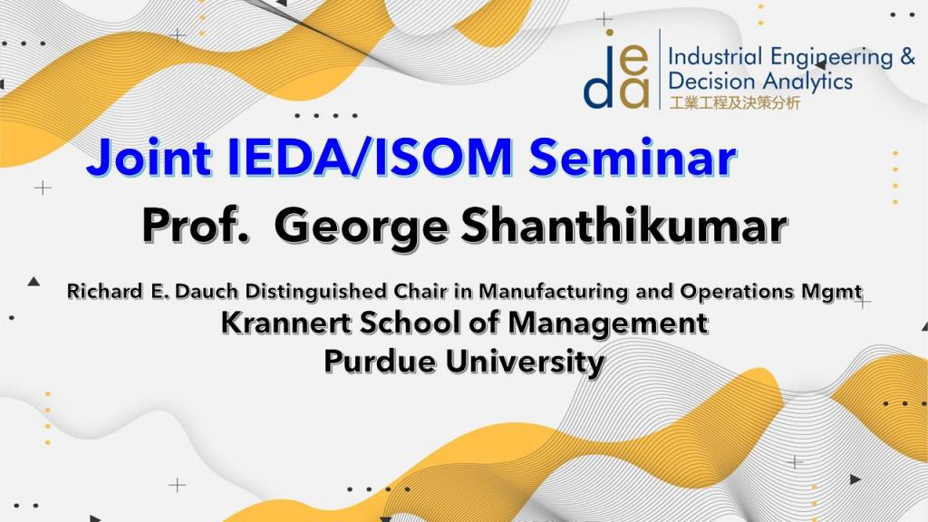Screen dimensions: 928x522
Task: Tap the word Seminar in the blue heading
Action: [632, 158]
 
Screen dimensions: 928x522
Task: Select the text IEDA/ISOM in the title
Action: [370, 158]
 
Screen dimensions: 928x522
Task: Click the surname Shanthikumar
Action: [623, 226]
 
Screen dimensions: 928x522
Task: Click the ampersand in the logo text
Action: [907, 57]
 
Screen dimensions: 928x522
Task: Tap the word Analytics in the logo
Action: [807, 82]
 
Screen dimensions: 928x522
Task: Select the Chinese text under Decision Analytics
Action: [734, 102]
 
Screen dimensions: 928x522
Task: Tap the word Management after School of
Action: [607, 324]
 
